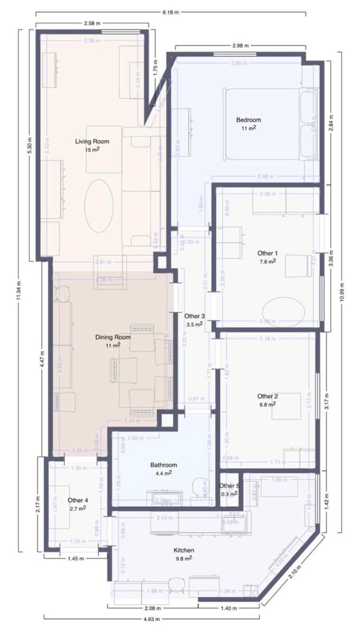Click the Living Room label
(x=91, y=141)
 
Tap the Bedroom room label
(x=248, y=120)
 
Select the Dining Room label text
(x=113, y=337)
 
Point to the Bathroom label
(x=163, y=465)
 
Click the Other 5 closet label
(x=229, y=486)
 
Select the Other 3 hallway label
(x=195, y=316)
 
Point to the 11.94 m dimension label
(x=20, y=290)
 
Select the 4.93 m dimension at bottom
(x=151, y=617)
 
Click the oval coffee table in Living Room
(x=99, y=206)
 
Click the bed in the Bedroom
(x=270, y=124)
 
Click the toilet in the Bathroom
(x=199, y=486)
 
